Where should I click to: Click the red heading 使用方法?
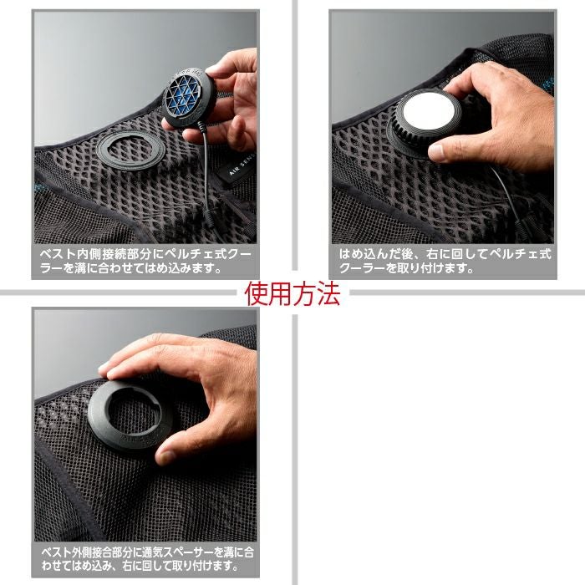tap(292, 293)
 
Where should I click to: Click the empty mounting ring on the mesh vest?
tap(130, 150)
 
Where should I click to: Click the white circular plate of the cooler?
tap(429, 111)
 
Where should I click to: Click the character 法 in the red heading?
tap(328, 293)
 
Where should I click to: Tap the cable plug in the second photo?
tap(522, 225)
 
